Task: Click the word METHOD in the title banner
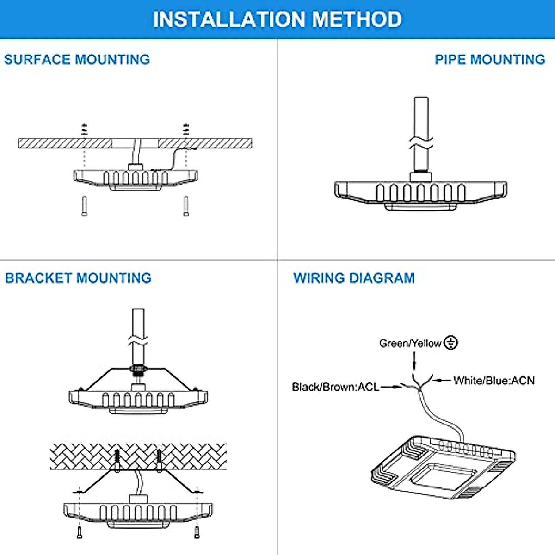coord(357,19)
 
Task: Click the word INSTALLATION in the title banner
coord(229,19)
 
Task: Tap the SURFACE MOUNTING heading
coord(77,60)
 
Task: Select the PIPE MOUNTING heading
coord(490,60)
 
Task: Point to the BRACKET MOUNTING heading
coord(78,278)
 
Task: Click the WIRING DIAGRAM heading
coord(354,278)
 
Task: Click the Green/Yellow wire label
coord(410,343)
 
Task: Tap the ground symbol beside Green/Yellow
coord(451,343)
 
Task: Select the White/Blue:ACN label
coord(494,381)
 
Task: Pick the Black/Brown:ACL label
coord(335,387)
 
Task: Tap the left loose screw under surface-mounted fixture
coord(84,206)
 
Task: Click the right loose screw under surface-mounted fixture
coord(186,206)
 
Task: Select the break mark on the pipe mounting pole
coord(421,143)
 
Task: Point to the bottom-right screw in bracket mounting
coord(197,532)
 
